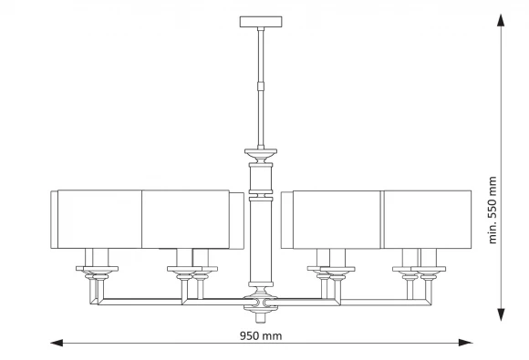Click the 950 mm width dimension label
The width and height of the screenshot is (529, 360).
pyautogui.click(x=261, y=335)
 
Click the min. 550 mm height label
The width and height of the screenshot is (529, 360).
pyautogui.click(x=493, y=210)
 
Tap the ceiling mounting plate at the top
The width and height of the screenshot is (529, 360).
pyautogui.click(x=261, y=22)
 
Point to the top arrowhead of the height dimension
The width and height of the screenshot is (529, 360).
pyautogui.click(x=501, y=20)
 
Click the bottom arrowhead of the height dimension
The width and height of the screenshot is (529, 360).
pyautogui.click(x=501, y=314)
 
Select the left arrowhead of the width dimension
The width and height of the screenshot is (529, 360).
pyautogui.click(x=57, y=343)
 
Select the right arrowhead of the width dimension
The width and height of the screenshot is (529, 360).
pyautogui.click(x=465, y=343)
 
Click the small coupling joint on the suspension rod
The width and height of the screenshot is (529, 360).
pyautogui.click(x=261, y=87)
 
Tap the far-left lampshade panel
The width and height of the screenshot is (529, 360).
pyautogui.click(x=99, y=220)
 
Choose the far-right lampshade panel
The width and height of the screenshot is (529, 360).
pyautogui.click(x=428, y=220)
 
